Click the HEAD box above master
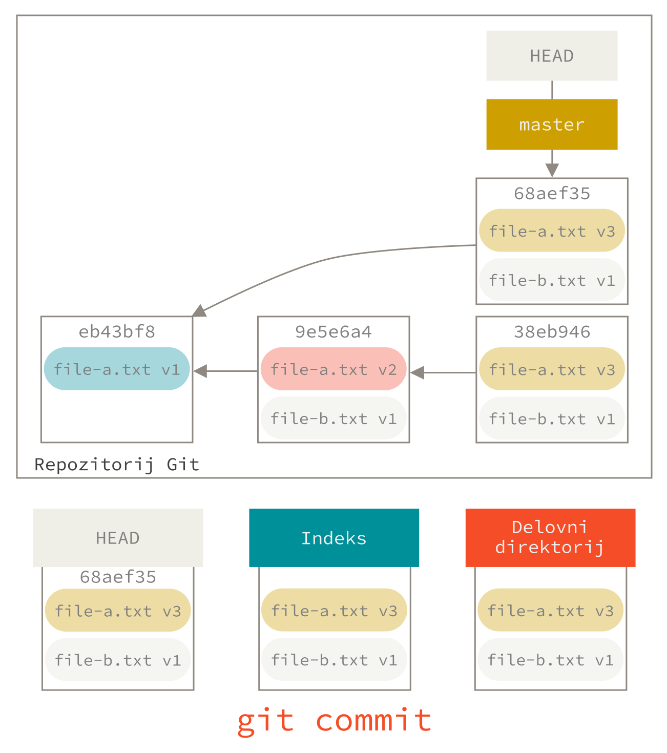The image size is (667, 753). pos(552,55)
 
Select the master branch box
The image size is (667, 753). pos(552,124)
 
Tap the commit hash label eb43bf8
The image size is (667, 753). pos(117,332)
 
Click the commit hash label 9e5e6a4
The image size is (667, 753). pos(333,332)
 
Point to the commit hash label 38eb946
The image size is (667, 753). pos(552,332)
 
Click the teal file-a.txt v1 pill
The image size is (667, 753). pos(117,369)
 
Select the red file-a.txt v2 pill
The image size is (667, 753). pos(333,369)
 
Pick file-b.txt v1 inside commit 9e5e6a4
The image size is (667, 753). pos(333,419)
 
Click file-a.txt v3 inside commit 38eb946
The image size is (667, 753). pos(552,369)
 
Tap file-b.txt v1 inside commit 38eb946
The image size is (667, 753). pos(552,419)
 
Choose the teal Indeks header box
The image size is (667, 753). pos(334,538)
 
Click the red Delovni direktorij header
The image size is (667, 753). pos(550,537)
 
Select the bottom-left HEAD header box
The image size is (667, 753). pos(118,538)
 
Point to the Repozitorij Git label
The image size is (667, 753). pos(117,465)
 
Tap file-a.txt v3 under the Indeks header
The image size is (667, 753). pos(334,610)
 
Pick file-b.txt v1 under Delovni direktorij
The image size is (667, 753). pos(550,660)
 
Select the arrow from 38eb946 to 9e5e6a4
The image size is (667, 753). pos(443,372)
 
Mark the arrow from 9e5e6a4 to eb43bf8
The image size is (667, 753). pos(225,371)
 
